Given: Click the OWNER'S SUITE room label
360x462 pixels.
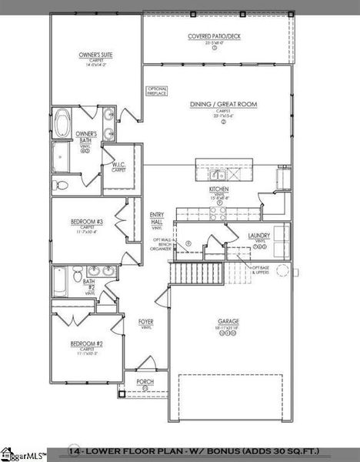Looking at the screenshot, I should [x=96, y=55].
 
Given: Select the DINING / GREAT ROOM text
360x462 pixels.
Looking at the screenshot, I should [x=223, y=104].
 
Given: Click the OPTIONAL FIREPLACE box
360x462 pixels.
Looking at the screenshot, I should [x=157, y=91].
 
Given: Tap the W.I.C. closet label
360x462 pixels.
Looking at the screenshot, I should [x=118, y=165].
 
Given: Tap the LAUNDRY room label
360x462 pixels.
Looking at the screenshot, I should [x=258, y=236].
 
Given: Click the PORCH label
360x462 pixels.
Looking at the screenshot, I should [x=145, y=381].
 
